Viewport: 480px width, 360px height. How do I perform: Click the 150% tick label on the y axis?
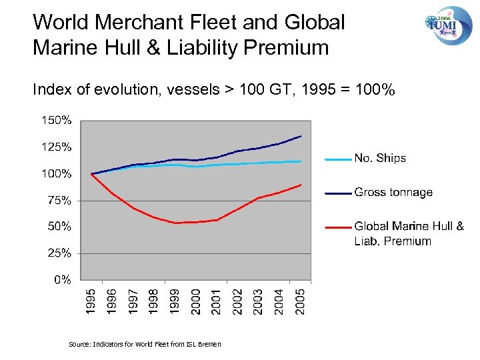pyautogui.click(x=57, y=121)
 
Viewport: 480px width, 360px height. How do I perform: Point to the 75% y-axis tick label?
pyautogui.click(x=59, y=200)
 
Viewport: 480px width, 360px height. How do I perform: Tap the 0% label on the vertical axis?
pyautogui.click(x=63, y=280)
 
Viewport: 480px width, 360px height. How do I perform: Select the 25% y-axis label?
pyautogui.click(x=59, y=253)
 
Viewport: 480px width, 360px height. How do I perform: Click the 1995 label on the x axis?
pyautogui.click(x=92, y=299)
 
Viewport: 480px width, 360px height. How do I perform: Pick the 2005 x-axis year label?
pyautogui.click(x=300, y=299)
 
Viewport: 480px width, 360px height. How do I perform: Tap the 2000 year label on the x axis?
pyautogui.click(x=196, y=299)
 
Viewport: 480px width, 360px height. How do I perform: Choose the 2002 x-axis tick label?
pyautogui.click(x=237, y=299)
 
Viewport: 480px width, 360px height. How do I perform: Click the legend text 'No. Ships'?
pyautogui.click(x=380, y=158)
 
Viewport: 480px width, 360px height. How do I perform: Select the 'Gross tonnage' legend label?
pyautogui.click(x=393, y=193)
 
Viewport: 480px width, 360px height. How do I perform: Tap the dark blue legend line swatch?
pyautogui.click(x=337, y=193)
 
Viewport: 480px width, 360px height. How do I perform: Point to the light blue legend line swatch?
pyautogui.click(x=337, y=159)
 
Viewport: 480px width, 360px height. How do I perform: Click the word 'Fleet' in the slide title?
pyautogui.click(x=208, y=22)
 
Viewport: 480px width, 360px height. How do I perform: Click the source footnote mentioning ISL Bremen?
pyautogui.click(x=145, y=344)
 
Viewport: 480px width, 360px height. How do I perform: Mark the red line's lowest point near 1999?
pyautogui.click(x=176, y=223)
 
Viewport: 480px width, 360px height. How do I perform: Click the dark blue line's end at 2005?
pyautogui.click(x=301, y=136)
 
